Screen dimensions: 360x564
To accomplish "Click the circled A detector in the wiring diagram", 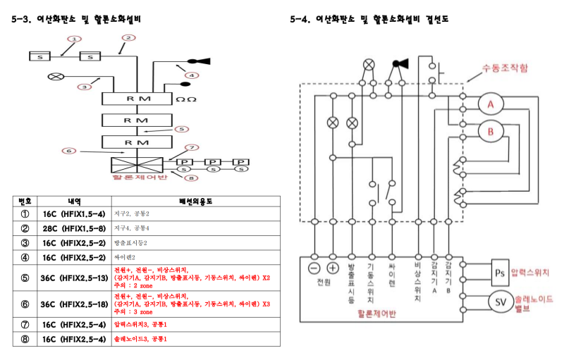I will click(x=491, y=105).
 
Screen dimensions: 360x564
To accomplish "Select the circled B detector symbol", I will click(x=491, y=131).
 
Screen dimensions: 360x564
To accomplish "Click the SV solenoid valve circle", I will click(x=498, y=302).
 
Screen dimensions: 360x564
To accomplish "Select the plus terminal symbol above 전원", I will click(x=333, y=268).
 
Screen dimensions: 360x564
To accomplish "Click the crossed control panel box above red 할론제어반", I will click(x=137, y=165).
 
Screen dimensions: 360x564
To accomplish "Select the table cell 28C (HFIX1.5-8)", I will click(x=74, y=228).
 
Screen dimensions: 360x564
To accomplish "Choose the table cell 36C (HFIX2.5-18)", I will click(x=74, y=304).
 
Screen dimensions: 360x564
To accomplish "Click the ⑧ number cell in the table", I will click(x=24, y=338).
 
